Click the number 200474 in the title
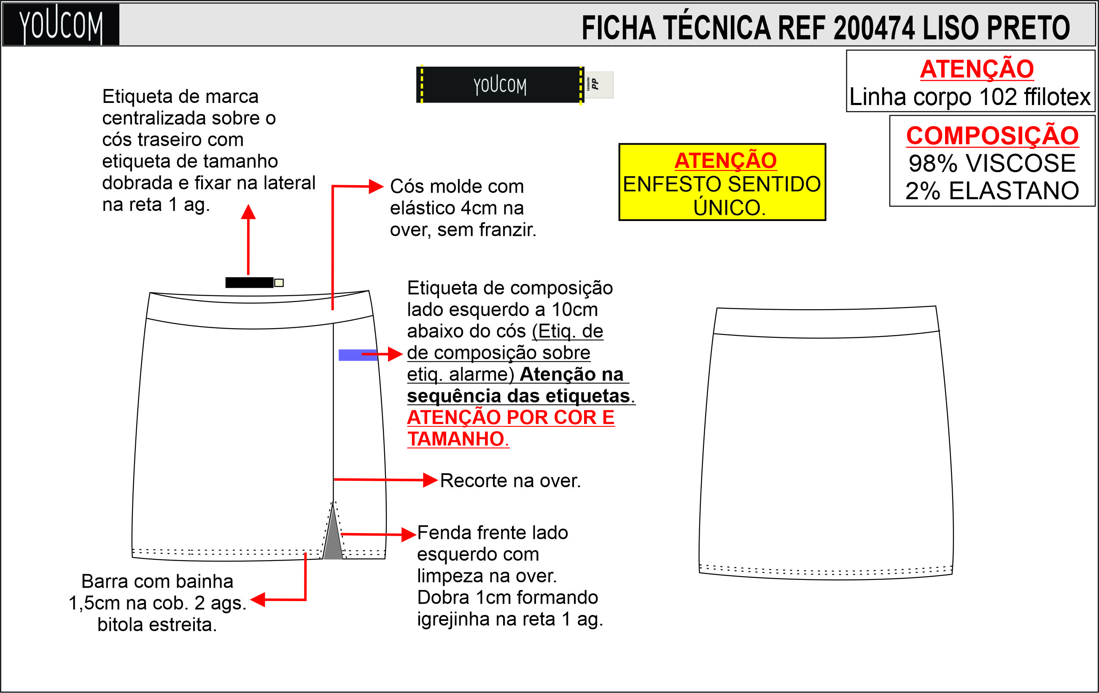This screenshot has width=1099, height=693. coord(873,28)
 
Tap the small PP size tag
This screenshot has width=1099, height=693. coord(598,84)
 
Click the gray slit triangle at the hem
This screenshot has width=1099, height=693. coord(333,539)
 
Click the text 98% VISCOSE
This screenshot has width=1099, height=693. coord(992,163)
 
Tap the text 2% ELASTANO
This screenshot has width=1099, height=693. coord(992,190)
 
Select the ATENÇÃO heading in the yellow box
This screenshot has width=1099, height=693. coord(726,160)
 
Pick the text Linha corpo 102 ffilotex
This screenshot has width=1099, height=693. coord(970,97)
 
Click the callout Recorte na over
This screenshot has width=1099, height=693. coord(510,481)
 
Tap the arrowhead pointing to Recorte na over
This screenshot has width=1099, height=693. coord(431,480)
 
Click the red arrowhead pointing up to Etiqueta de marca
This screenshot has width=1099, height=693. coord(248,211)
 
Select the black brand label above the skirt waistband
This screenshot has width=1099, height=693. coord(249,283)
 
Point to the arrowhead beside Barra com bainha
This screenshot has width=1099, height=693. coord(258,599)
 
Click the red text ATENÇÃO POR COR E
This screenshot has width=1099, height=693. coord(511,417)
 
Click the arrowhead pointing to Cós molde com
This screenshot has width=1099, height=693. coord(376,186)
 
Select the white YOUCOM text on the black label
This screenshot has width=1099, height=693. coord(500,85)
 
